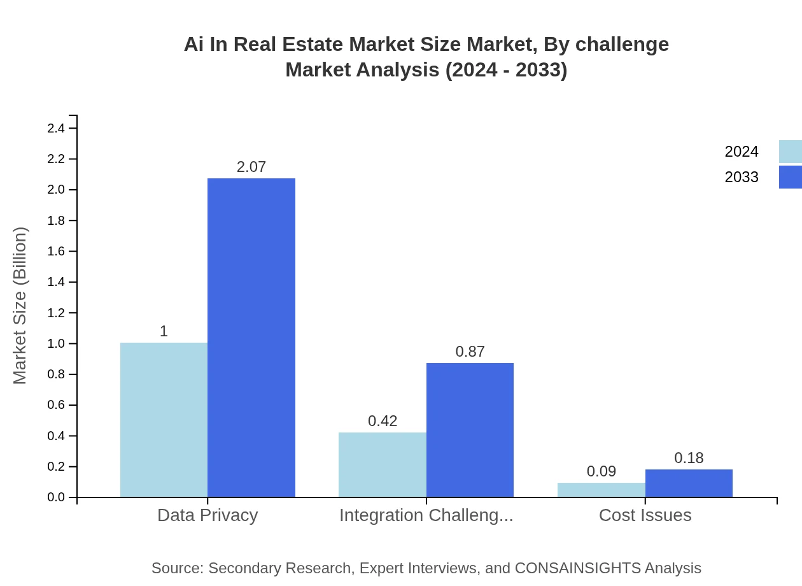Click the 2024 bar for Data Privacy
tap(164, 420)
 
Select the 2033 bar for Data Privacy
tap(251, 338)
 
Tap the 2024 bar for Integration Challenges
tap(382, 464)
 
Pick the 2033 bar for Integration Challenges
tap(470, 430)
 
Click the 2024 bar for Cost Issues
tap(601, 490)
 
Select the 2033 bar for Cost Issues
tap(689, 483)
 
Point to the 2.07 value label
tap(251, 167)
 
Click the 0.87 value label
tap(470, 352)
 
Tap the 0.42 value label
tap(383, 421)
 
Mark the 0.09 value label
tap(601, 471)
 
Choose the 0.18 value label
tap(689, 458)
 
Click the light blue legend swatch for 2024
tap(790, 152)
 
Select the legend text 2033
tap(742, 177)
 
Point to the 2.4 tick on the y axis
tap(56, 129)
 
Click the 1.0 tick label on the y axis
tap(56, 344)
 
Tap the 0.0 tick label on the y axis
tap(56, 497)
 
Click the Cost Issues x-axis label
tap(645, 515)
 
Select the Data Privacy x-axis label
tap(208, 515)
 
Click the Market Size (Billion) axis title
tap(20, 306)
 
